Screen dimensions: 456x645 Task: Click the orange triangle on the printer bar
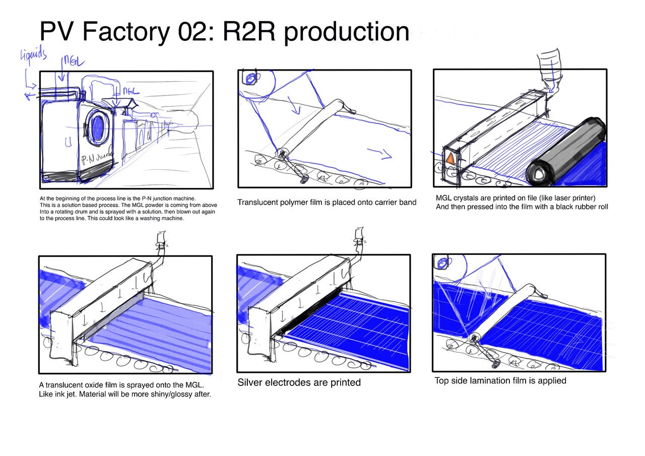[x=449, y=159]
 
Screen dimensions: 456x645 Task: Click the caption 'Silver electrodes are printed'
[x=299, y=382]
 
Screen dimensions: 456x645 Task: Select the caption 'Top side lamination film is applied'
[x=500, y=380]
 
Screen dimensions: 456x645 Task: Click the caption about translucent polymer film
[x=327, y=203]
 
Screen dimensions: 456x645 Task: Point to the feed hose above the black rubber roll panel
[x=550, y=71]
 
